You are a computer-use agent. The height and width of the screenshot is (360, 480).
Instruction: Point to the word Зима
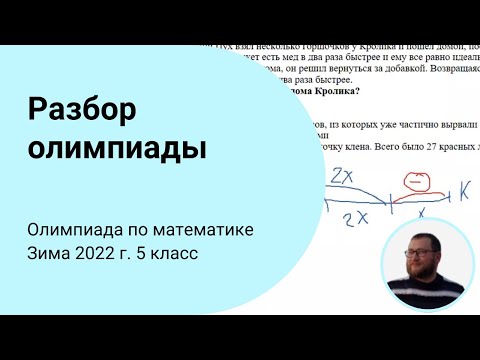click(50, 254)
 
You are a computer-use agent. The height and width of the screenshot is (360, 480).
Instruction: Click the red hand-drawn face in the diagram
click(413, 184)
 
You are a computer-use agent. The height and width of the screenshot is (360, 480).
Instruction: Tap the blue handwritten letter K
click(465, 188)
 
